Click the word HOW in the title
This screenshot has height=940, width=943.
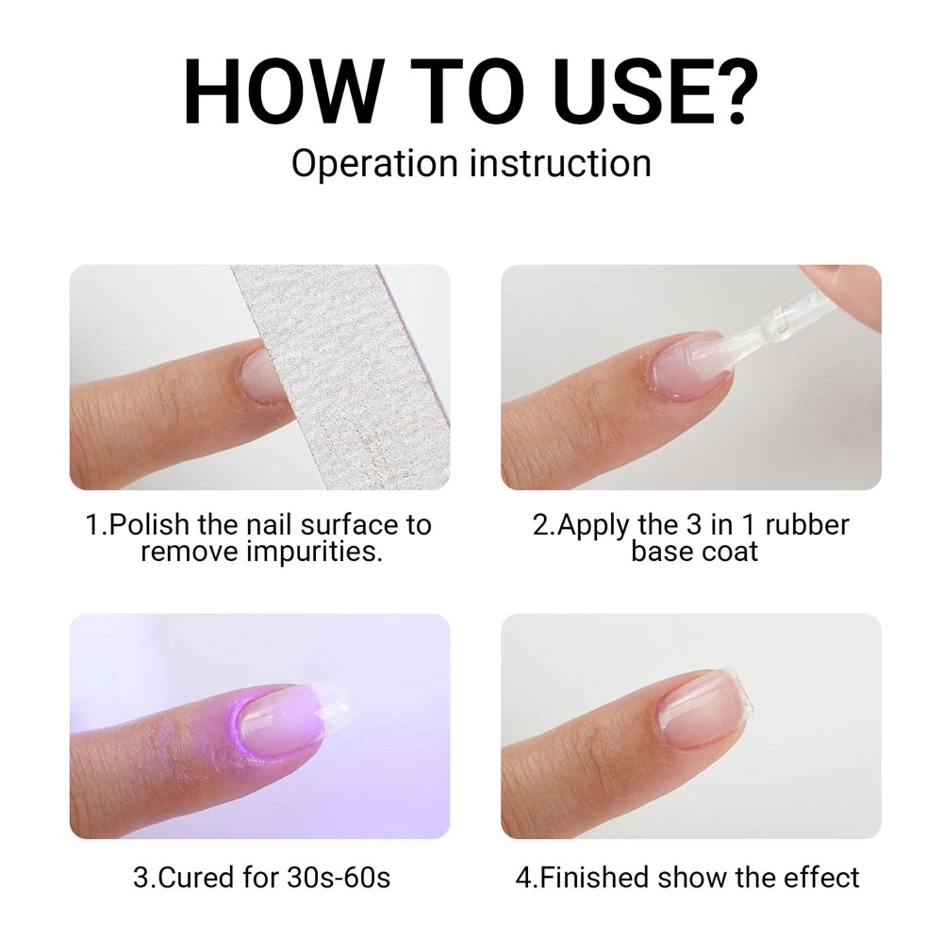point(281,91)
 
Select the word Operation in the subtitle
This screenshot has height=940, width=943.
point(374,164)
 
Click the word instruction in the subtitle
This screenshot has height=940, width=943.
point(560,163)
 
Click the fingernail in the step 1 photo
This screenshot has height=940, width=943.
point(257,378)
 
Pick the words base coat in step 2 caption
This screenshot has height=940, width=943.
point(695,552)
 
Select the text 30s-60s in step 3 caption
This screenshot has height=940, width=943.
point(339,877)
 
